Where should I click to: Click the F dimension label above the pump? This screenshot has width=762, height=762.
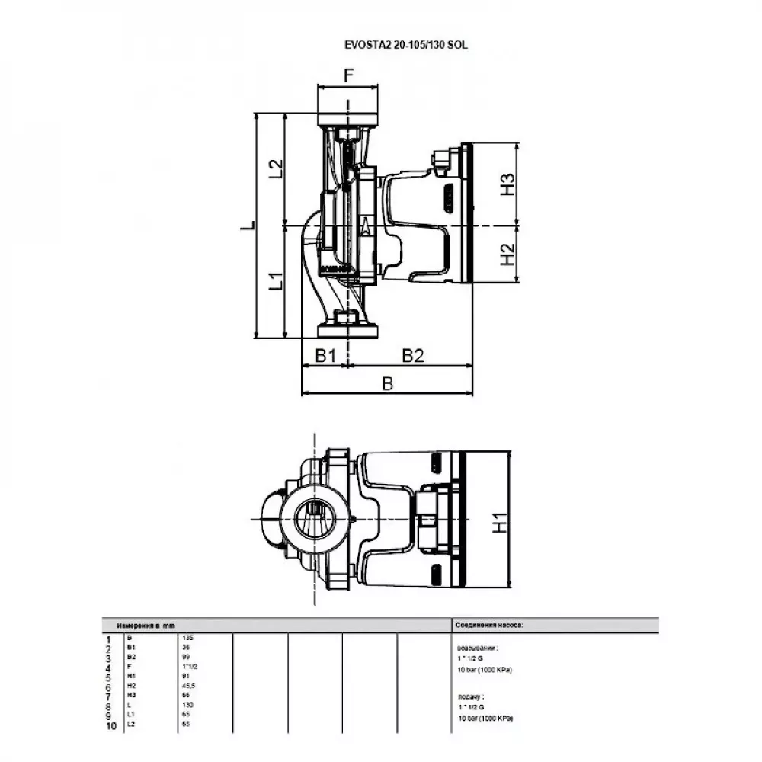348,75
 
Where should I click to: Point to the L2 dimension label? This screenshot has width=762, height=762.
276,169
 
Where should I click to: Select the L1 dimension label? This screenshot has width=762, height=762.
276,281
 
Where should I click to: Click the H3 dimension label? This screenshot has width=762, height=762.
507,184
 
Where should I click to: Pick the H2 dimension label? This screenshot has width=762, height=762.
507,255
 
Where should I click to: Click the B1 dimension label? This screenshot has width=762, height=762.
326,355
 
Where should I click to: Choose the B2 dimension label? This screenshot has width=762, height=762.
412,355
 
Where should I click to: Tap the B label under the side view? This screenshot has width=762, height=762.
387,384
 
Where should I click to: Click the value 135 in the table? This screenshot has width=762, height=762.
187,636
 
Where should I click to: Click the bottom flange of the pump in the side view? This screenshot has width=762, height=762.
348,331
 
